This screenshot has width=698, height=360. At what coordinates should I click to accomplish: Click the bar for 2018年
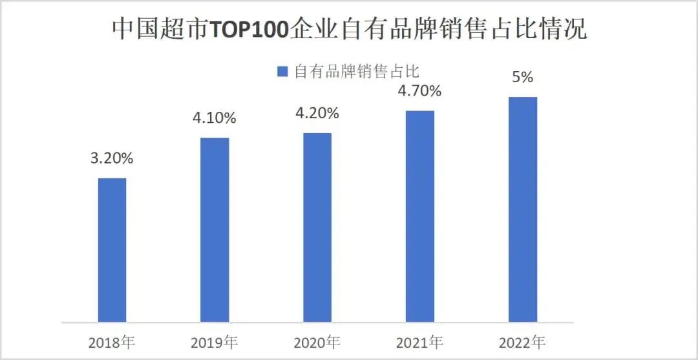click(x=112, y=249)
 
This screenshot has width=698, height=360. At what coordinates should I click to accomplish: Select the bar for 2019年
click(x=215, y=229)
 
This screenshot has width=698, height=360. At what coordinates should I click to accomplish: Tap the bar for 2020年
click(x=317, y=227)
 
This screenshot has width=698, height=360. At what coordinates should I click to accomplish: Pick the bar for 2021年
click(x=420, y=216)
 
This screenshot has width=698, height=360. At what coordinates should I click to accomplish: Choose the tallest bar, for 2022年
click(x=523, y=209)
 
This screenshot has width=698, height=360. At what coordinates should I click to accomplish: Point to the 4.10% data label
click(x=215, y=118)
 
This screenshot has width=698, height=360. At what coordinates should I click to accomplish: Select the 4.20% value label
click(x=317, y=114)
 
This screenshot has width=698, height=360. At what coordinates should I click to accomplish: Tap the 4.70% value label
click(x=420, y=91)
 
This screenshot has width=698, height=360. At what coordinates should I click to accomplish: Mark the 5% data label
click(x=523, y=77)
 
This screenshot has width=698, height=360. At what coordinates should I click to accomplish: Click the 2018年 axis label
click(x=112, y=341)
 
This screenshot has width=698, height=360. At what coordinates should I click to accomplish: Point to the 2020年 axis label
click(x=317, y=341)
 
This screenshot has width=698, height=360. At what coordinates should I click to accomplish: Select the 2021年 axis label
click(x=420, y=341)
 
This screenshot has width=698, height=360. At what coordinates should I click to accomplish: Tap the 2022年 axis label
click(x=523, y=341)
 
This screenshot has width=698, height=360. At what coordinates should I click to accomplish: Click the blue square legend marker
click(x=282, y=72)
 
